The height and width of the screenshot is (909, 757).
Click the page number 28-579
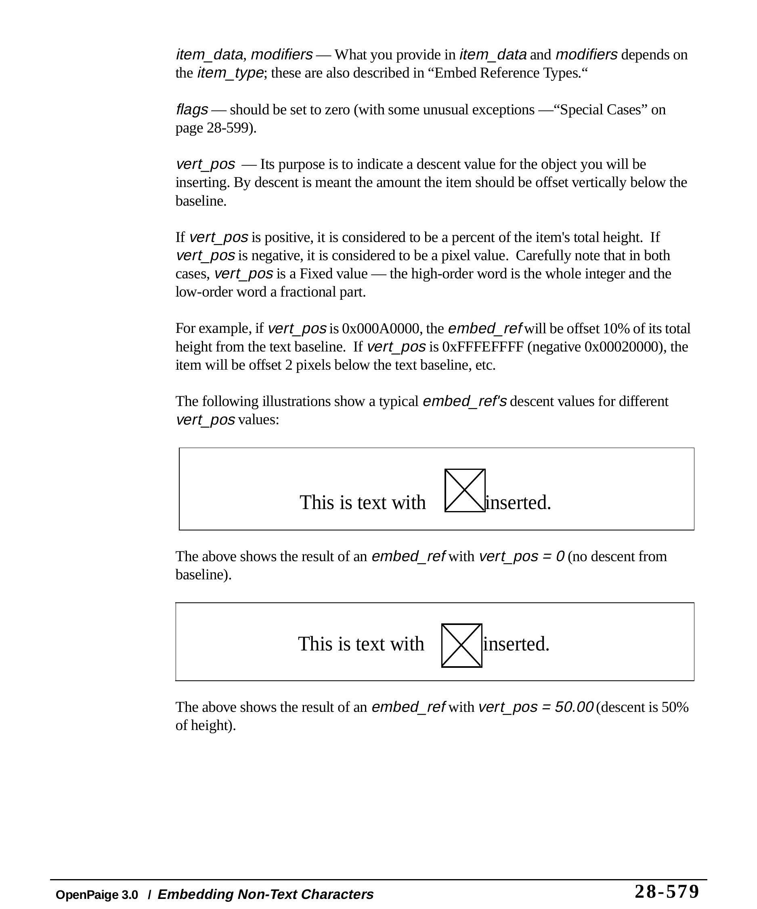666,892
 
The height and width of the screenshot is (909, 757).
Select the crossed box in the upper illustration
465,490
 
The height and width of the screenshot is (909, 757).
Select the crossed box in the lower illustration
461,646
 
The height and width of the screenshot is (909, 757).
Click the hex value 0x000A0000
380,328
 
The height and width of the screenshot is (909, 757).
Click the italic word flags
192,109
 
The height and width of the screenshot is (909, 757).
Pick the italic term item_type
230,73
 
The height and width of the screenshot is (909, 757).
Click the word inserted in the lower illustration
516,644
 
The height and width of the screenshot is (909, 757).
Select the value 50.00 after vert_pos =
574,707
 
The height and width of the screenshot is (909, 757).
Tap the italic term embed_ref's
465,401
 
